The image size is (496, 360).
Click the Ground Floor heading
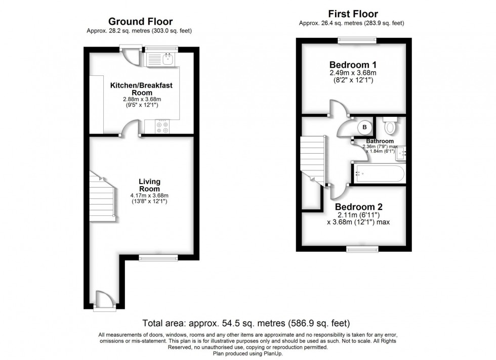[x=141, y=22]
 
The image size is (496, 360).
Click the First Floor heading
[x=353, y=14]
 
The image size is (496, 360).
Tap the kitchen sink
[x=168, y=59]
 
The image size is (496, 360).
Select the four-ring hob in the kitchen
[x=162, y=127]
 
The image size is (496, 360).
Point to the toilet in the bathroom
[x=390, y=125]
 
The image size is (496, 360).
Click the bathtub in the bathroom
[x=379, y=173]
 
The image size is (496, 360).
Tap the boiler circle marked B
[x=364, y=127]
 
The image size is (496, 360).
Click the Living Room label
[x=150, y=185]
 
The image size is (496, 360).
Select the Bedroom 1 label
[x=353, y=65]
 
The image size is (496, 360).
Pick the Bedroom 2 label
[x=359, y=207]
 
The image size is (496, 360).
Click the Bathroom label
[x=380, y=141]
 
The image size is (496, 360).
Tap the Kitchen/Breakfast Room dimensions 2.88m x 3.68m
[x=142, y=99]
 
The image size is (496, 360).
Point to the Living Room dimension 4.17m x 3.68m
[x=149, y=195]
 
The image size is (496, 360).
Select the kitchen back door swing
[x=131, y=56]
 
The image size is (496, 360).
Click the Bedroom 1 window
[x=357, y=40]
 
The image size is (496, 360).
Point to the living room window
[x=158, y=258]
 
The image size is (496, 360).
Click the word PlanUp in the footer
[x=274, y=353]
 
